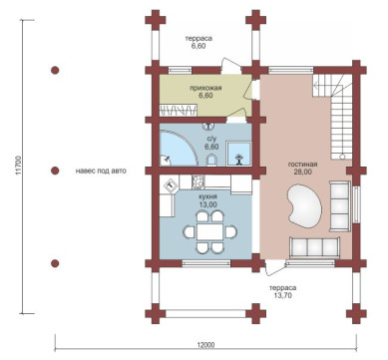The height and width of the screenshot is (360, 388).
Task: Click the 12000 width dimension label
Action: click(x=205, y=344)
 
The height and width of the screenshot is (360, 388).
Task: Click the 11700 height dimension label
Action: click(x=19, y=166)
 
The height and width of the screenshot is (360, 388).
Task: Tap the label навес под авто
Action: click(x=101, y=172)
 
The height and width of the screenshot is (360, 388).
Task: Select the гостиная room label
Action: click(x=302, y=165)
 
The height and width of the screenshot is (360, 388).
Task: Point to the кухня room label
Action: click(x=207, y=197)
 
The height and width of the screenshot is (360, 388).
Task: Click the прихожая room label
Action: click(x=205, y=88)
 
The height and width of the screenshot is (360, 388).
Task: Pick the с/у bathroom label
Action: click(x=211, y=140)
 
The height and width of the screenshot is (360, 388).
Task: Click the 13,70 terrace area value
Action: click(x=282, y=295)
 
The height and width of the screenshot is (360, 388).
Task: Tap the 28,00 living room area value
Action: click(x=302, y=172)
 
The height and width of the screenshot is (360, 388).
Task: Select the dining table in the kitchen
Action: click(x=209, y=231)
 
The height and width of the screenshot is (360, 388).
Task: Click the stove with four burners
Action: click(x=198, y=182)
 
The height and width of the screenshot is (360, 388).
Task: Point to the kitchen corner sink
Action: click(x=171, y=185)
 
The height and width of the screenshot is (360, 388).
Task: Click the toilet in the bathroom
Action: click(x=211, y=161)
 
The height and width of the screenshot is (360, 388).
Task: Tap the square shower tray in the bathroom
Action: click(x=238, y=154)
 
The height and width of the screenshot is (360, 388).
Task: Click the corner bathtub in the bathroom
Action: click(x=178, y=148)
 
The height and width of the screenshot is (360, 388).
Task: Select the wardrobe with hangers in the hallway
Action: click(x=178, y=110)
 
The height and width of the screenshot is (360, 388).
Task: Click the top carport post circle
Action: click(x=55, y=71)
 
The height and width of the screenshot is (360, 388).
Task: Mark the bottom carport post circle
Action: click(x=55, y=263)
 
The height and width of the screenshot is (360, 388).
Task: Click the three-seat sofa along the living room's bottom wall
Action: click(x=314, y=247)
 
